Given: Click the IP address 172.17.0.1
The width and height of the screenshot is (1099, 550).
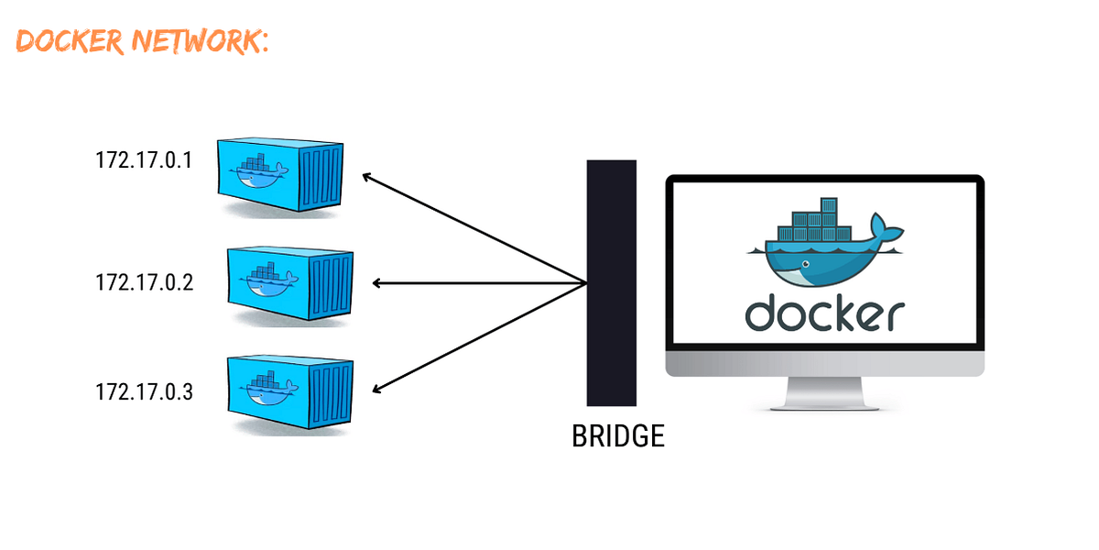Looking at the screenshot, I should click(x=144, y=160).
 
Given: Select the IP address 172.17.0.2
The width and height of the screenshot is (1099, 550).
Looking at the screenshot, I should click(x=144, y=282).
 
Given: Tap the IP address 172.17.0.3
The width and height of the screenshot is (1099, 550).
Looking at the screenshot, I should click(x=144, y=392).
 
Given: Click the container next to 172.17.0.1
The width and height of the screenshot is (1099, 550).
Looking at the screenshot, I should click(x=280, y=175).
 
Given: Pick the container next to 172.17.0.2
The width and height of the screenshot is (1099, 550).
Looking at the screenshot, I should click(x=289, y=283).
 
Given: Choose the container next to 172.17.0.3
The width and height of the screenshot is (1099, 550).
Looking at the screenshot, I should click(x=289, y=391).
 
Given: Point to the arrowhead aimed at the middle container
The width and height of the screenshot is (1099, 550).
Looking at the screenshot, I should click(x=378, y=283).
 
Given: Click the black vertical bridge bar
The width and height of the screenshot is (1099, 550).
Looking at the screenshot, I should click(x=611, y=282).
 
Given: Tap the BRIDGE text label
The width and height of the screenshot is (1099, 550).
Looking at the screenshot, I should click(x=617, y=436).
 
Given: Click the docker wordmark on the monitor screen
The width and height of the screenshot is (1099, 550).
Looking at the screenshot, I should click(x=824, y=313).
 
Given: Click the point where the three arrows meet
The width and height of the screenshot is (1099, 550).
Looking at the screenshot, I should click(x=586, y=283).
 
